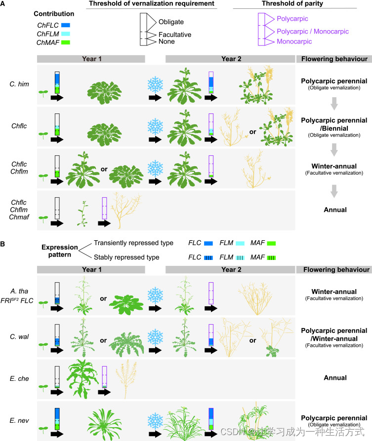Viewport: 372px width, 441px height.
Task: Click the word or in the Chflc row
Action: (x=252, y=132)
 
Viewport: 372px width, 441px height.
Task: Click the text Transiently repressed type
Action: (x=134, y=243)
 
